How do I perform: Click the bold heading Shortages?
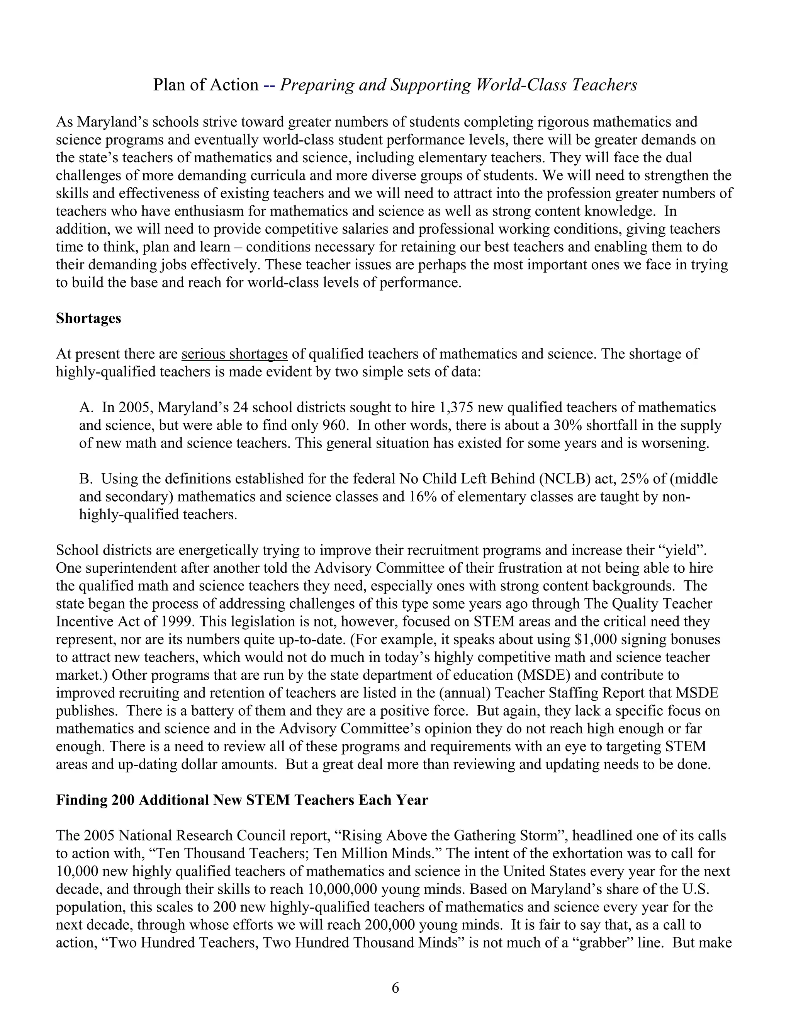pyautogui.click(x=88, y=318)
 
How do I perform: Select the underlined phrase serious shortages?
pyautogui.click(x=234, y=354)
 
